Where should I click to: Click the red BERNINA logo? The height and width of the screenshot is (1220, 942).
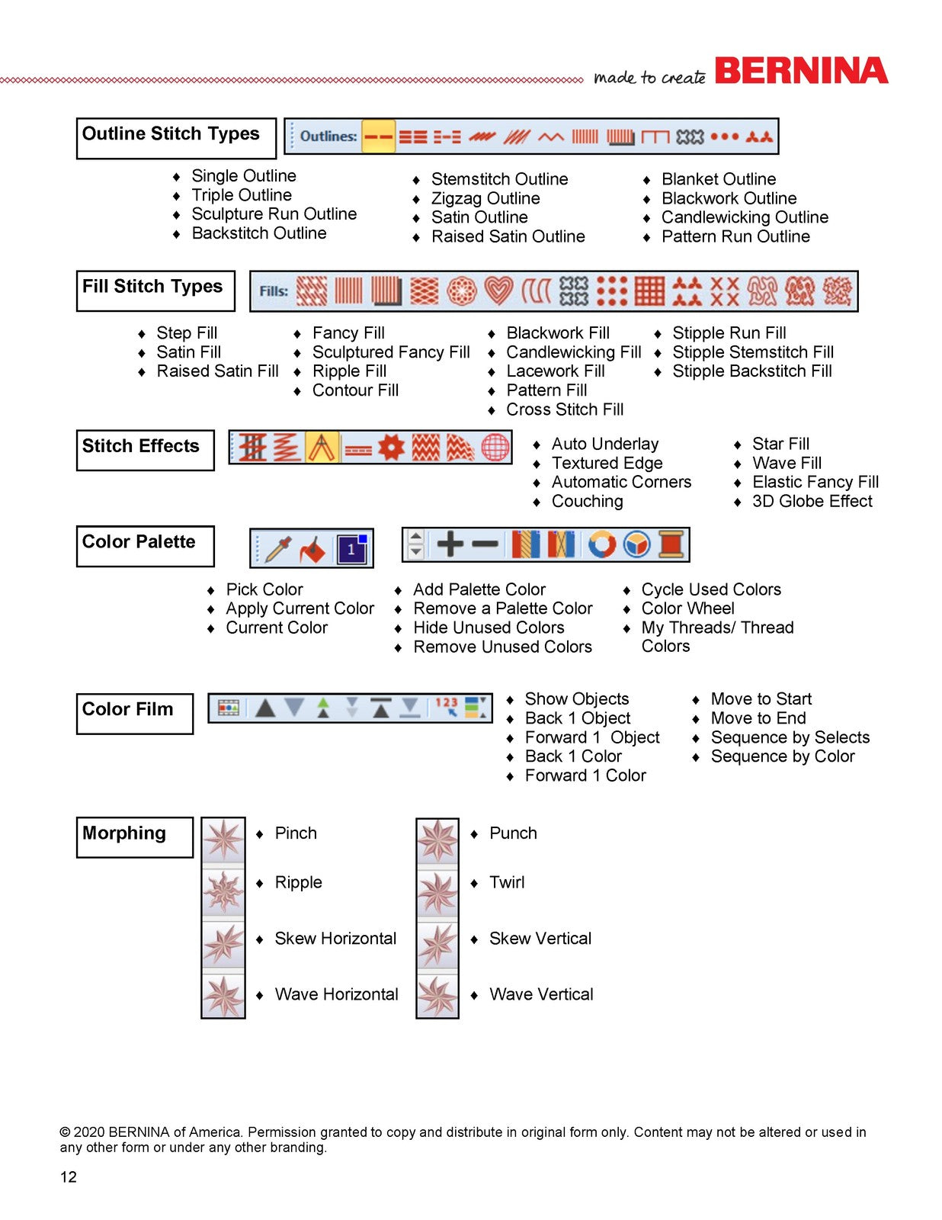[x=801, y=71]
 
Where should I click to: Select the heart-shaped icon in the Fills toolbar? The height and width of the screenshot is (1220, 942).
[x=498, y=291]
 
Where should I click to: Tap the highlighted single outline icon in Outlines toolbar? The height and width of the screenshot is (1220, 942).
[x=378, y=136]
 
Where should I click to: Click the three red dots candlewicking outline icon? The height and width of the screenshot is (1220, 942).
[x=724, y=136]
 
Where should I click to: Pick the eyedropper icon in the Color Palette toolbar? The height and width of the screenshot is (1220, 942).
[x=278, y=549]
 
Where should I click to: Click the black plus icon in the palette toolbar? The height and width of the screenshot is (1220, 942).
[x=450, y=544]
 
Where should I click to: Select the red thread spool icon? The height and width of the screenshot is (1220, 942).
[x=671, y=544]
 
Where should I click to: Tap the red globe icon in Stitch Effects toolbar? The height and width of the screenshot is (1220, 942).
[x=495, y=448]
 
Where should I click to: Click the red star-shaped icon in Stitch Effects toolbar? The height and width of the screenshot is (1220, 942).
[x=391, y=448]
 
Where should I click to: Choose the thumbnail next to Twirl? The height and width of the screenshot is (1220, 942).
[x=437, y=892]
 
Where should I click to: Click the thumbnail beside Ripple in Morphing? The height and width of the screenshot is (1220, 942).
[x=223, y=892]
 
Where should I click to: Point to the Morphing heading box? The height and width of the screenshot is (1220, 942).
[x=135, y=837]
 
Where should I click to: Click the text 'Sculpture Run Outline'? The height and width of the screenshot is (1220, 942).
[x=274, y=214]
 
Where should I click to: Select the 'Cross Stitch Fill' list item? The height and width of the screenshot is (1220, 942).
[x=565, y=409]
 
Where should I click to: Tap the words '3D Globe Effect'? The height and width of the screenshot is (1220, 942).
[x=812, y=501]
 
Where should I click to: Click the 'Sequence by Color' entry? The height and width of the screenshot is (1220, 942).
[x=783, y=756]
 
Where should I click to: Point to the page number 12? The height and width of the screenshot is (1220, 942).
[x=69, y=1177]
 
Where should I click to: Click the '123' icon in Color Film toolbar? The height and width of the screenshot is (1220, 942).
[x=447, y=706]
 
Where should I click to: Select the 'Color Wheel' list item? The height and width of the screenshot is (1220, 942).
[x=687, y=608]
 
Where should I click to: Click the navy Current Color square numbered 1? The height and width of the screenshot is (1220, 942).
[x=352, y=549]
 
